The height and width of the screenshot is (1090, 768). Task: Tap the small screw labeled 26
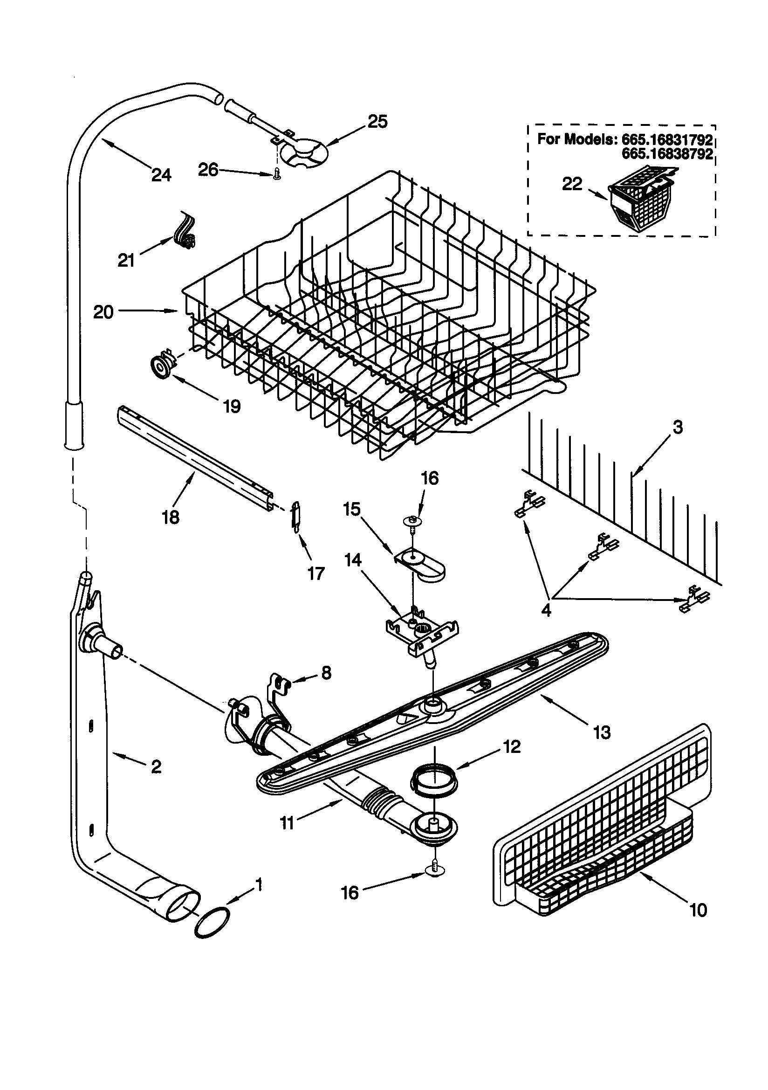[277, 175]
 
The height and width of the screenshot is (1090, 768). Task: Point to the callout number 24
[161, 175]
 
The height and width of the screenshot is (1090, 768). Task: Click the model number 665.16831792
[667, 139]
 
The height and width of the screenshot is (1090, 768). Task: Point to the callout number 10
[698, 910]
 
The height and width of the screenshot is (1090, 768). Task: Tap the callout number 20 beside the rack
[103, 312]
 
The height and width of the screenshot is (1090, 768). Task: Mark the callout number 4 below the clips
[546, 611]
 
